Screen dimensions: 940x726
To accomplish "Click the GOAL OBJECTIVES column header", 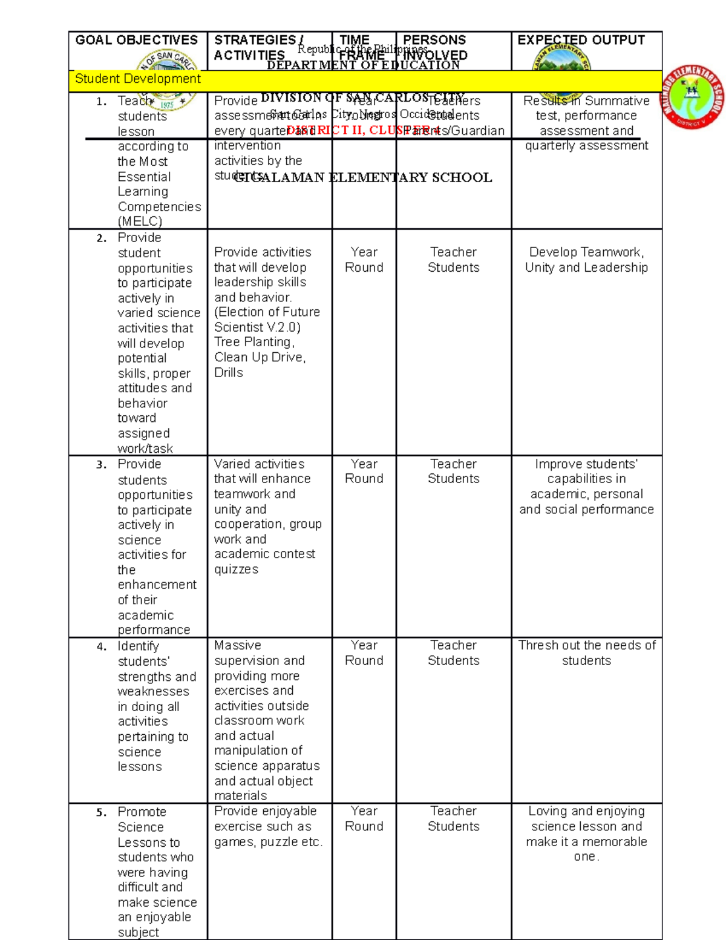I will click(x=136, y=41).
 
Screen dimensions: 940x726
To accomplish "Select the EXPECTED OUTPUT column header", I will click(x=581, y=41).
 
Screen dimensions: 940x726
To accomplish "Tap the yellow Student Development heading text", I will click(x=137, y=79).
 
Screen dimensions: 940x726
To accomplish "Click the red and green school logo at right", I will click(x=692, y=97).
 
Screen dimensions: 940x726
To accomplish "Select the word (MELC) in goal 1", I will click(x=140, y=222).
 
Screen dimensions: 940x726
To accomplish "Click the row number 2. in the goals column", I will click(x=101, y=238).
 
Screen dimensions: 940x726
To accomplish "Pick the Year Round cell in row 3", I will click(x=364, y=472).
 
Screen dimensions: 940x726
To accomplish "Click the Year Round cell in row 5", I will click(x=364, y=819).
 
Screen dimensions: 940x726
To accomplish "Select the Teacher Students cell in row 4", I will click(x=453, y=653).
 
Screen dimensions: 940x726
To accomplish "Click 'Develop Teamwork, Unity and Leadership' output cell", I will click(x=586, y=260).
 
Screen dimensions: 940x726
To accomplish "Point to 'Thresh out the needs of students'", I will click(x=586, y=653).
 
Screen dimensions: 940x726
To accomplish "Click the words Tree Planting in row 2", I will click(x=253, y=342).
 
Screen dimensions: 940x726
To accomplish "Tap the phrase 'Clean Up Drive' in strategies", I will click(x=258, y=358).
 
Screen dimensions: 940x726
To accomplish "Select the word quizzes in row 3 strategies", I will click(x=236, y=570).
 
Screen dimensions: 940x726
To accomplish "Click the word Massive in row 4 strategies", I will click(x=238, y=646).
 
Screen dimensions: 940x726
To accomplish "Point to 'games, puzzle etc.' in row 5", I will click(x=268, y=842).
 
